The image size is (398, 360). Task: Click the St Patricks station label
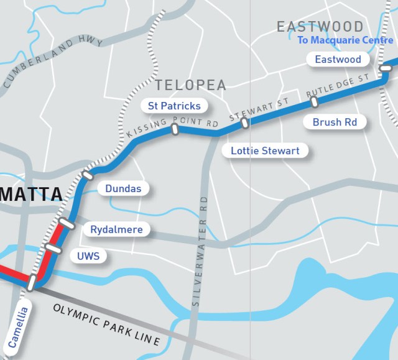point(170,106)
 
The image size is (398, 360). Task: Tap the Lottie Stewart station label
point(265,150)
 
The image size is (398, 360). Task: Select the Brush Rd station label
point(335,122)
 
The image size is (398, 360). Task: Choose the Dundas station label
point(123,188)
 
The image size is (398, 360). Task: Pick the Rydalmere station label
point(116,229)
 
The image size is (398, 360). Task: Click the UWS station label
point(88,256)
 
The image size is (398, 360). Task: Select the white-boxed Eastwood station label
point(338,60)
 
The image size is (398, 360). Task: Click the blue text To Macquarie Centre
point(345,40)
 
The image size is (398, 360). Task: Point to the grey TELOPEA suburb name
point(190,85)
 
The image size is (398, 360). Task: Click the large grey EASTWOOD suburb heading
point(320,27)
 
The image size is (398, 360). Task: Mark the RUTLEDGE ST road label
point(338,86)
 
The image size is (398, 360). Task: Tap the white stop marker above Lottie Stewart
point(246,122)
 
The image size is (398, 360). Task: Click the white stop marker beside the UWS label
point(54,248)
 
